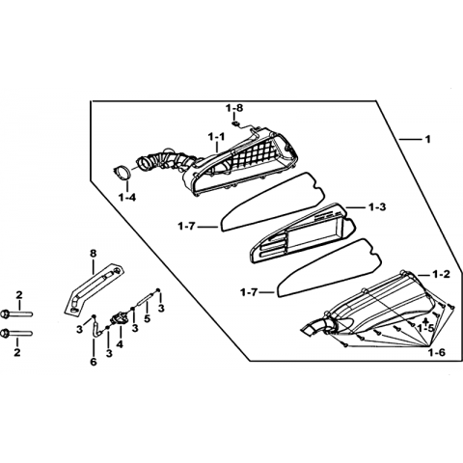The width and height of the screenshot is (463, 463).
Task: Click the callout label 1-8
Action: [234, 108]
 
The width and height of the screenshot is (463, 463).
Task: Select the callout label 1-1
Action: [216, 137]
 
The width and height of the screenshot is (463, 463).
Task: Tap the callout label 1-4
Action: [127, 198]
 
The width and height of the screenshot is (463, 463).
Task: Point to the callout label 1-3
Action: [377, 207]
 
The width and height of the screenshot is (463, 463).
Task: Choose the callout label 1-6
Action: [437, 352]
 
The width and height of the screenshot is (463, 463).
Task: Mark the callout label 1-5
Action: [426, 328]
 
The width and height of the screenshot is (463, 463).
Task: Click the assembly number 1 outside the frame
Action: [427, 140]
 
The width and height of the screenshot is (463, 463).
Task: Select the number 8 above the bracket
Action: [93, 254]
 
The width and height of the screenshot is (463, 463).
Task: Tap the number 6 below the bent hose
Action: [94, 362]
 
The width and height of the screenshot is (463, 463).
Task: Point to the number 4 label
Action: [120, 344]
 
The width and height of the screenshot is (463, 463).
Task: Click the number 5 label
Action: [147, 319]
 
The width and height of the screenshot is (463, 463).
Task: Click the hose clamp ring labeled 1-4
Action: [123, 173]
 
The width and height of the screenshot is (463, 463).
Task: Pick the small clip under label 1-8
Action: [235, 123]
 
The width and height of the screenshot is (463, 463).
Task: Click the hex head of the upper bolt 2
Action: [6, 313]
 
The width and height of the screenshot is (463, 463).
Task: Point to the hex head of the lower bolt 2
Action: [6, 333]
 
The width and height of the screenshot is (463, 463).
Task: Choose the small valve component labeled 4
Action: [117, 318]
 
